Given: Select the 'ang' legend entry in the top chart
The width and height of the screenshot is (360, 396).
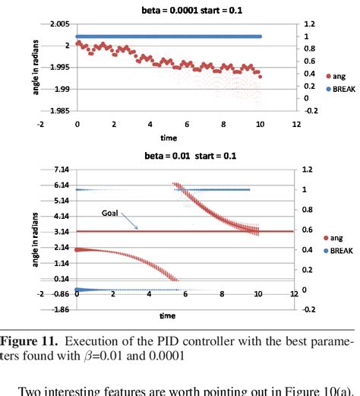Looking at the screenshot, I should (x=333, y=77).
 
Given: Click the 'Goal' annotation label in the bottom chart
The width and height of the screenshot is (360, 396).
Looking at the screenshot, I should (x=111, y=214).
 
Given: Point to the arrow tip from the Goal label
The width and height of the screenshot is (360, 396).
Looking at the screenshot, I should (x=137, y=229).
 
